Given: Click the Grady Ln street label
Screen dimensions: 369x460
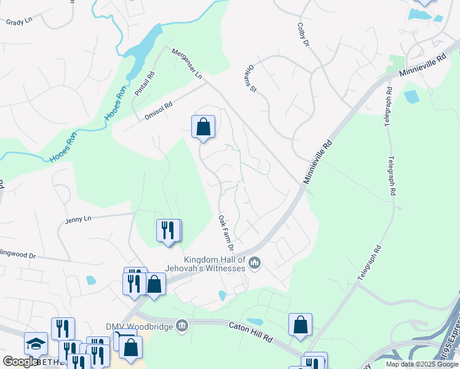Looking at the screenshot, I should pyautogui.click(x=18, y=22).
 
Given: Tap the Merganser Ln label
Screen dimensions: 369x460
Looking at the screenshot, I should pyautogui.click(x=186, y=64).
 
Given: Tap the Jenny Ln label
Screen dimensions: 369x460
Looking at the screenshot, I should pyautogui.click(x=78, y=219).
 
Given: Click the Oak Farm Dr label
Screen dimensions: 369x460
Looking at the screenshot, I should pyautogui.click(x=226, y=232).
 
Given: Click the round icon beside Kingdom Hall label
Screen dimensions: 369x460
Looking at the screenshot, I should pyautogui.click(x=255, y=264).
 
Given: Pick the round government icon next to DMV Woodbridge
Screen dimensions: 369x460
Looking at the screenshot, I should pyautogui.click(x=181, y=325).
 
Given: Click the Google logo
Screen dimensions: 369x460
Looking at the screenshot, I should pyautogui.click(x=20, y=362).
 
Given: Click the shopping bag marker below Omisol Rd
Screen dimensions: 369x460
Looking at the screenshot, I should pyautogui.click(x=203, y=127).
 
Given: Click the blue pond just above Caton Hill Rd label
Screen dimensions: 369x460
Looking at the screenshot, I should pyautogui.click(x=255, y=322).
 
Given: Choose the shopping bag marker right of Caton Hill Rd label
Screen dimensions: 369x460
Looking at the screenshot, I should pyautogui.click(x=300, y=325).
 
